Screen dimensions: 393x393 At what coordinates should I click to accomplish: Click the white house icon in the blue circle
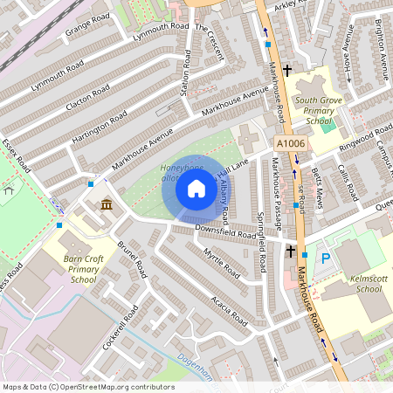[196, 189]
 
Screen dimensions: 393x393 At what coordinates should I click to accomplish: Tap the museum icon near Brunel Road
[106, 204]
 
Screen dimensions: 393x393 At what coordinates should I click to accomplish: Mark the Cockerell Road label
[120, 328]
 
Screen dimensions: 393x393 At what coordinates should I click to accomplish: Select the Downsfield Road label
[226, 232]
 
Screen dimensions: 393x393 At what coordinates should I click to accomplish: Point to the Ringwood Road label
[365, 140]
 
